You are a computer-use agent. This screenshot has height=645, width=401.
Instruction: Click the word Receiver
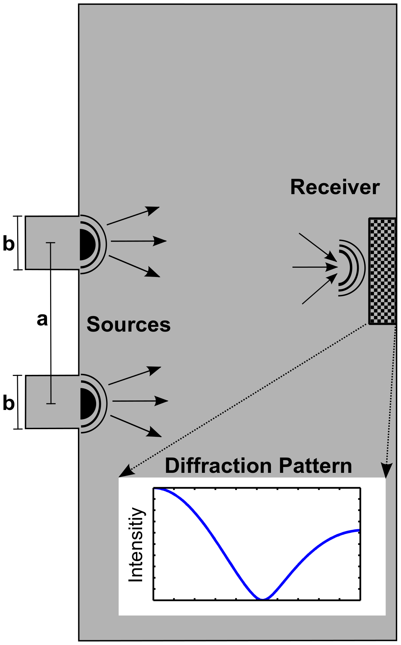click(335, 187)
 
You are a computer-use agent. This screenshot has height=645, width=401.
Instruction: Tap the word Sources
click(128, 324)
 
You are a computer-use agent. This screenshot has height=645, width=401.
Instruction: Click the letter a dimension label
click(42, 319)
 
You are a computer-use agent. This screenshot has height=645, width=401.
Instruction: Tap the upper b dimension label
click(9, 244)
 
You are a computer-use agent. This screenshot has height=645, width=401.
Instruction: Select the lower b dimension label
click(9, 402)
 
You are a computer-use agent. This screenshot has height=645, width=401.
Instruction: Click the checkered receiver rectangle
click(382, 271)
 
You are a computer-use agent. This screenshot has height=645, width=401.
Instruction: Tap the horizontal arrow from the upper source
click(139, 241)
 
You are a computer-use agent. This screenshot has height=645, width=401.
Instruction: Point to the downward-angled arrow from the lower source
click(136, 426)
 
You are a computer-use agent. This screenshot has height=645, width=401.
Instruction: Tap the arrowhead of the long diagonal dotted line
click(124, 472)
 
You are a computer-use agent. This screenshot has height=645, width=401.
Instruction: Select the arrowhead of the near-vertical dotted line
click(387, 470)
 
